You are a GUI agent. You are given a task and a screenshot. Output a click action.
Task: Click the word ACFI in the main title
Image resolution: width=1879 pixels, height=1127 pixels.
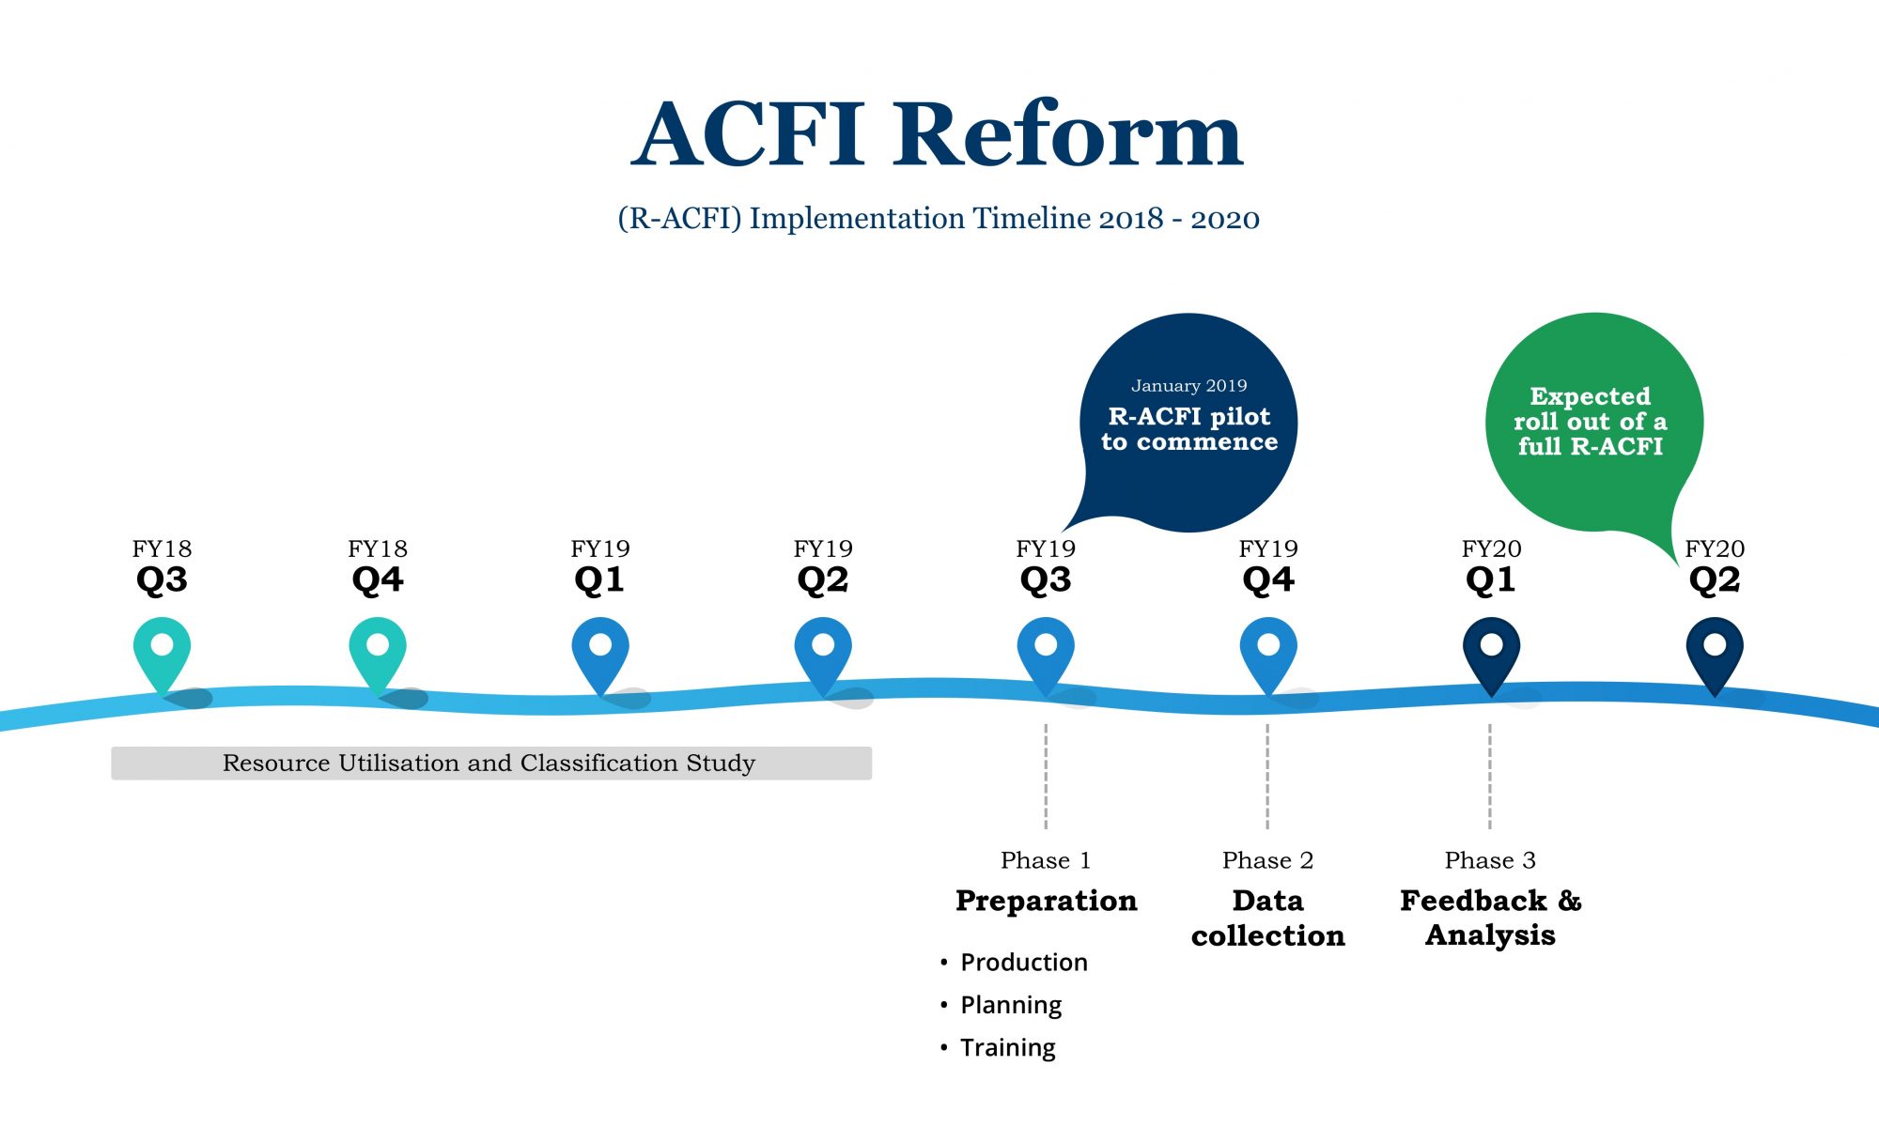pos(748,135)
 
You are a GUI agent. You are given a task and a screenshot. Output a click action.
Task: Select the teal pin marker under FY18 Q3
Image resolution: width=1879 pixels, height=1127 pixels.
pos(162,650)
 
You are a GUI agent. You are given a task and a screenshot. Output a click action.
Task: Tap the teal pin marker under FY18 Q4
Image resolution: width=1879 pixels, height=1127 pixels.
pos(378,650)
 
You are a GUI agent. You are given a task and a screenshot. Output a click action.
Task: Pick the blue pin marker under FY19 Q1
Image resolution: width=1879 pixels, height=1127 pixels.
pos(600,650)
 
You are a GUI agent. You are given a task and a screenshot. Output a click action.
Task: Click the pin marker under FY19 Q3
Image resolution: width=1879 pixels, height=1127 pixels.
pos(1046,650)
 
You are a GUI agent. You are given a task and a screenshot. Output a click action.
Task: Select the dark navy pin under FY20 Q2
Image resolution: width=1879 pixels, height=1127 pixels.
pos(1715,650)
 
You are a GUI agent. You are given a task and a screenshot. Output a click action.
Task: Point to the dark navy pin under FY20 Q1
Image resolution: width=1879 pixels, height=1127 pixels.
pos(1491,650)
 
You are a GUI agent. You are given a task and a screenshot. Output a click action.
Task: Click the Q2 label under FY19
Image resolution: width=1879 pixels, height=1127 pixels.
pos(823,580)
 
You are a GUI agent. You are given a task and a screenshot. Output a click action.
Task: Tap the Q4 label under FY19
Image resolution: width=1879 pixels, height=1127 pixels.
pos(1268,580)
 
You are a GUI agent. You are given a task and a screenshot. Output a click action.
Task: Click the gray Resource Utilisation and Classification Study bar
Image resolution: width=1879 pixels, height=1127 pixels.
pos(490,764)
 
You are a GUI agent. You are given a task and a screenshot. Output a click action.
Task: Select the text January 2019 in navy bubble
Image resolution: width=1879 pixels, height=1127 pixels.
pos(1188,386)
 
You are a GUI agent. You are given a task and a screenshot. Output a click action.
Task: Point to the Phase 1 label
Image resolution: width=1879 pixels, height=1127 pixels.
pos(1046,860)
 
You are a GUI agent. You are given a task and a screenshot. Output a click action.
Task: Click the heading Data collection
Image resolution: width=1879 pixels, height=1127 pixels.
pos(1268,918)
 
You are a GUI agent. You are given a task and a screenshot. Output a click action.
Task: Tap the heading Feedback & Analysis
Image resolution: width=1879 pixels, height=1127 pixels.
pos(1491,918)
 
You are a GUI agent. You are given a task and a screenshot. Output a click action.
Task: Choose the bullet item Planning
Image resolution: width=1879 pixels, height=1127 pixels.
pos(1010,1005)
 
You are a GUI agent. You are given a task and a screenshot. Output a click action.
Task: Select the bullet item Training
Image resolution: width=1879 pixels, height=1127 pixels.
pos(1007,1047)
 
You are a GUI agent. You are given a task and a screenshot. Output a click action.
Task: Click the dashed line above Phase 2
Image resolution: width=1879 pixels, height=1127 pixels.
pos(1267,776)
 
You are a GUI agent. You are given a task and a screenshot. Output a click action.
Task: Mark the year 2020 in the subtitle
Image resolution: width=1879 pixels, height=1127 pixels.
pos(1225,219)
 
